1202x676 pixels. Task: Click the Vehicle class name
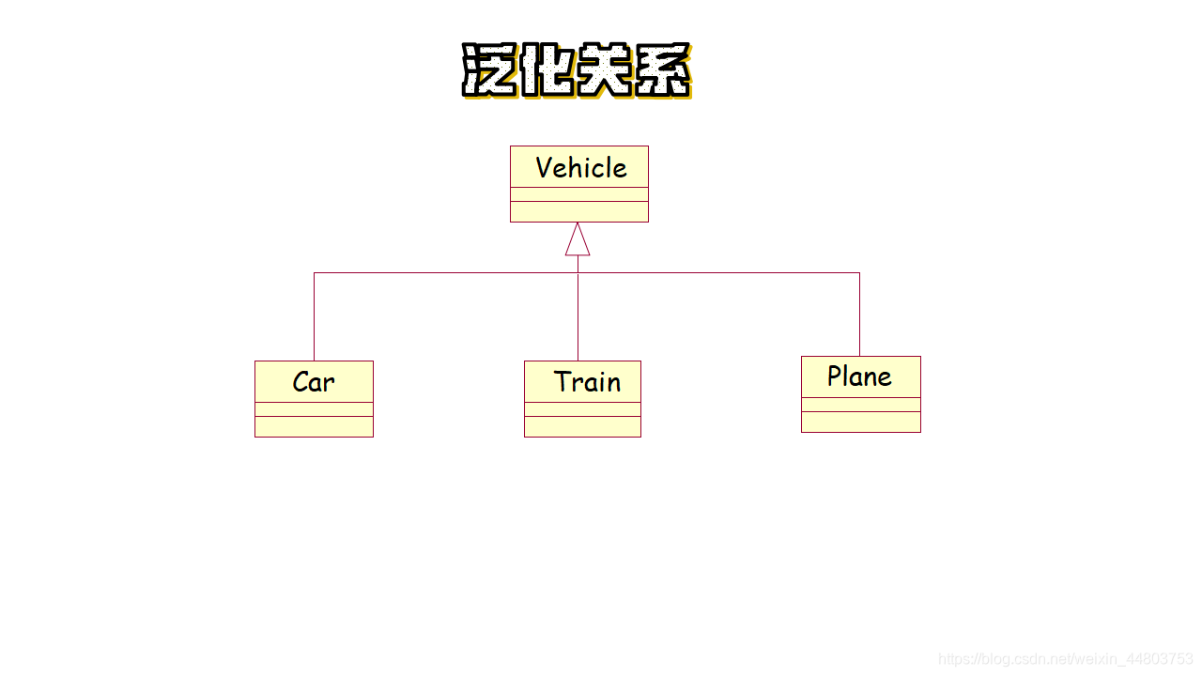(580, 168)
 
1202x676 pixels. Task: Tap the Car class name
(314, 382)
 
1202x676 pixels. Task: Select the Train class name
(587, 382)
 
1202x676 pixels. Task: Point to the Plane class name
(859, 376)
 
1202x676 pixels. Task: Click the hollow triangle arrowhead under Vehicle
(578, 240)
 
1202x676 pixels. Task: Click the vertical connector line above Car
(314, 316)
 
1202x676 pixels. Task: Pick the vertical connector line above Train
(578, 316)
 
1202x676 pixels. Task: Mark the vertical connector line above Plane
(859, 315)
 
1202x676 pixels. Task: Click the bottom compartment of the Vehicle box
(578, 211)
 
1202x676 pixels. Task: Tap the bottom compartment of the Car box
(314, 426)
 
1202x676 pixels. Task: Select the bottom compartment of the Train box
(582, 426)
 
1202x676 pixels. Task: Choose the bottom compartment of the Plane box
(860, 422)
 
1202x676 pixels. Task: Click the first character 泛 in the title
(489, 70)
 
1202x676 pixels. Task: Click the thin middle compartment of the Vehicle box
(578, 194)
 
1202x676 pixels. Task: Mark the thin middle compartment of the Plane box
(860, 405)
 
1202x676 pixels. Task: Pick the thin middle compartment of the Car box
(314, 409)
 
